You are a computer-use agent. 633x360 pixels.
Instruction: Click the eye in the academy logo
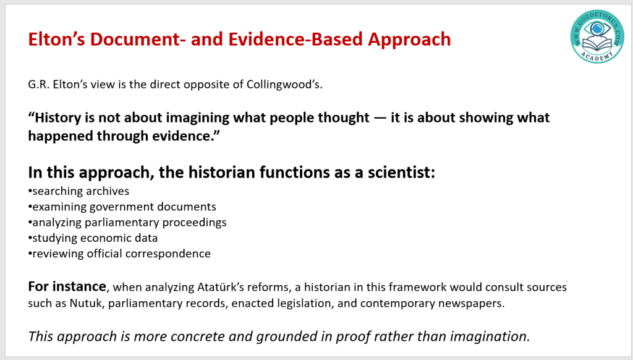coord(597,29)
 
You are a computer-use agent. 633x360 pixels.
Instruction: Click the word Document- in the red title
coord(138,39)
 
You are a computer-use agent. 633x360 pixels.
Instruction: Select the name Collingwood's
coord(284,84)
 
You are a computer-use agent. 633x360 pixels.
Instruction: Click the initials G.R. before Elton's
coord(38,84)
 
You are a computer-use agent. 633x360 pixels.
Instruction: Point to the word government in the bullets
coord(121,207)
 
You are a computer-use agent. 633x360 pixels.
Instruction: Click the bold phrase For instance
coord(67,286)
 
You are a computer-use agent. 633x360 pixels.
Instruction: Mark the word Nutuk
coord(86,303)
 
